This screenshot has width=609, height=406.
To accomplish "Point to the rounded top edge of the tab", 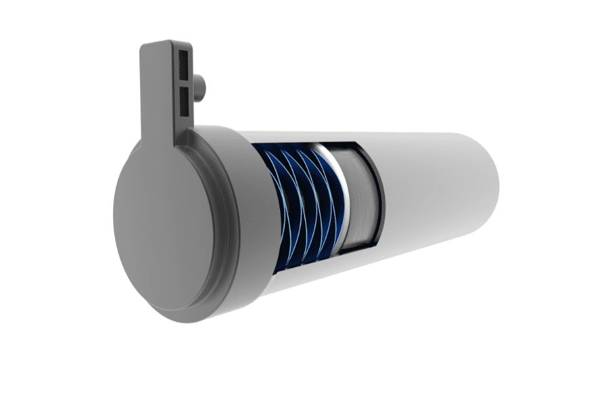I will pyautogui.click(x=166, y=43).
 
